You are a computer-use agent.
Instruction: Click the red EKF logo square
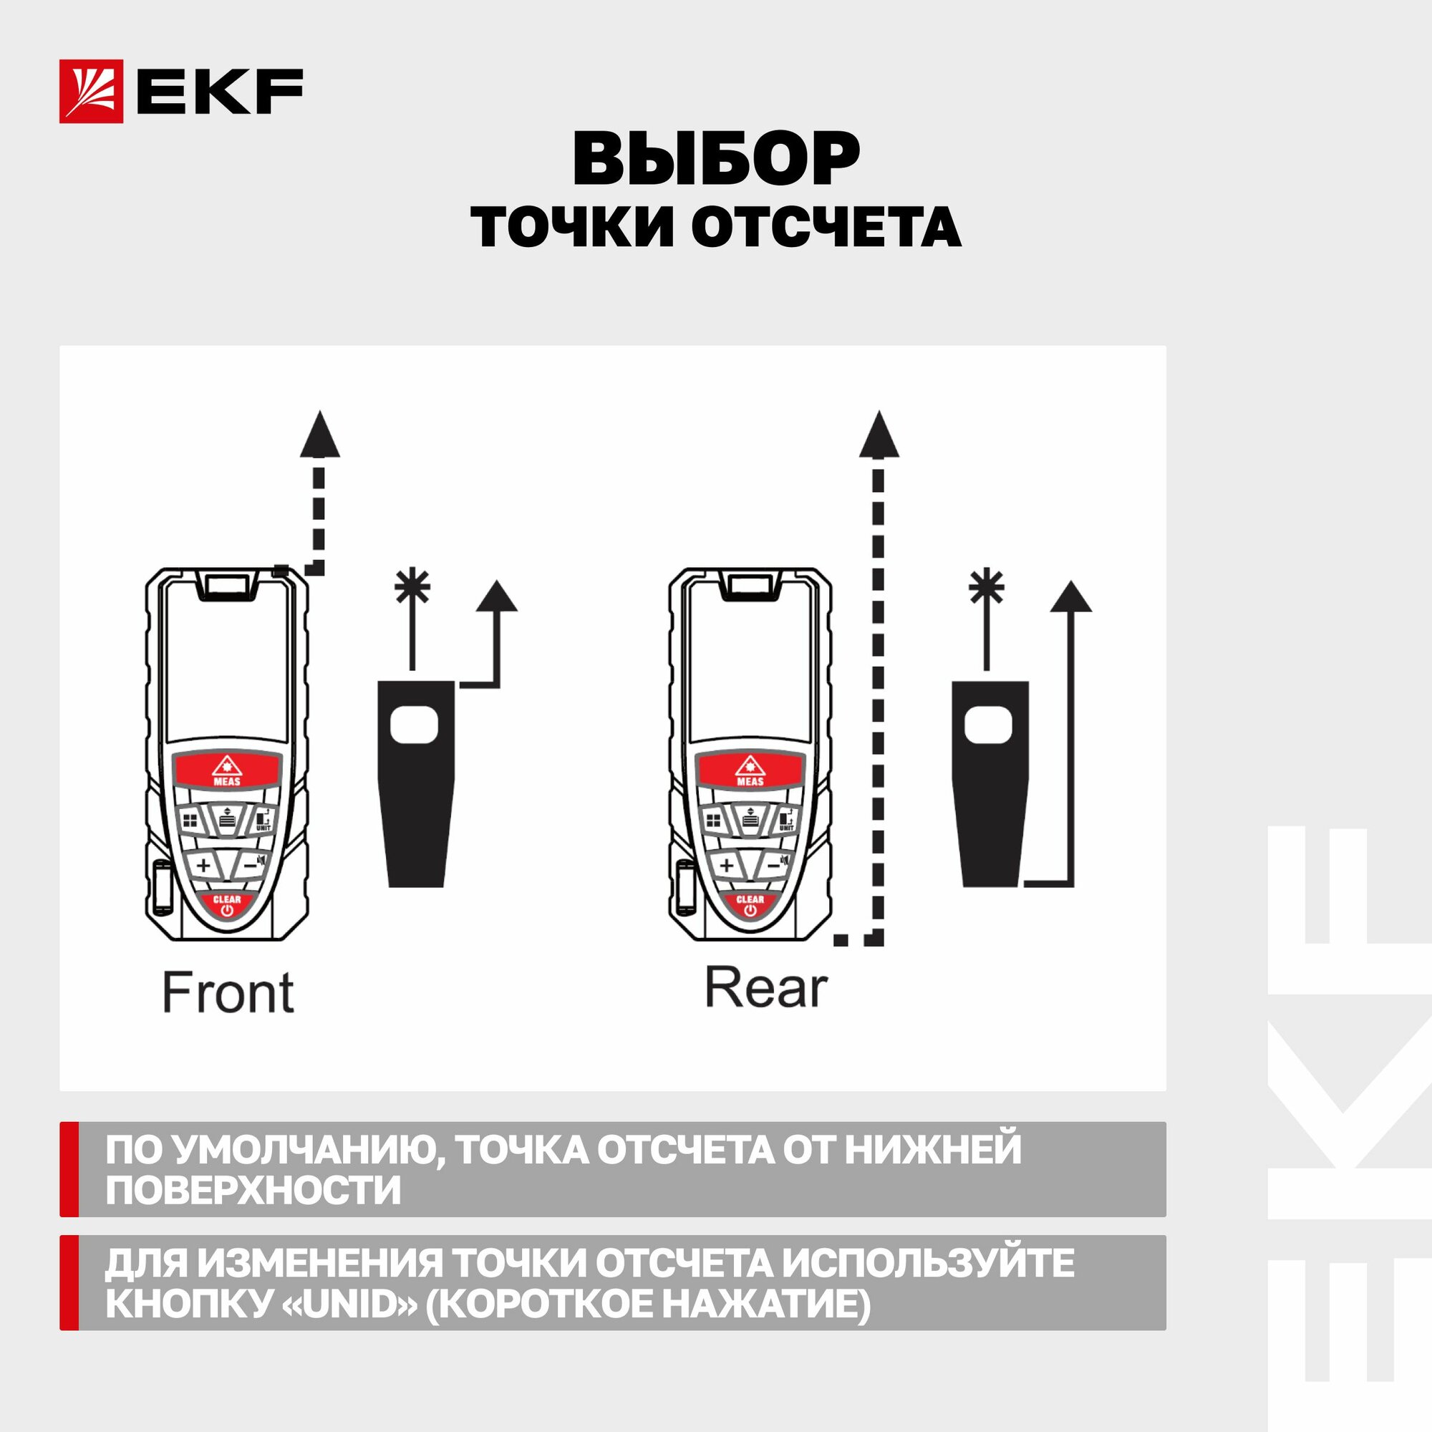click(91, 90)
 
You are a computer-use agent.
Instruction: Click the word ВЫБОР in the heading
click(716, 160)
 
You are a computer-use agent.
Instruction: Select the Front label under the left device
click(228, 992)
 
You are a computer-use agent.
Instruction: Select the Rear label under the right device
click(765, 987)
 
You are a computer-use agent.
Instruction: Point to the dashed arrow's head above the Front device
click(319, 434)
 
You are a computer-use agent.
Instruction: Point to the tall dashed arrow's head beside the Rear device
click(879, 434)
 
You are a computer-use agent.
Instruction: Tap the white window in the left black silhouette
click(415, 725)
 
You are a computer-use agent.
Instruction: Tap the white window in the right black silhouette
click(989, 725)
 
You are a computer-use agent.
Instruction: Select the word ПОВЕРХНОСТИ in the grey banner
click(253, 1191)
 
